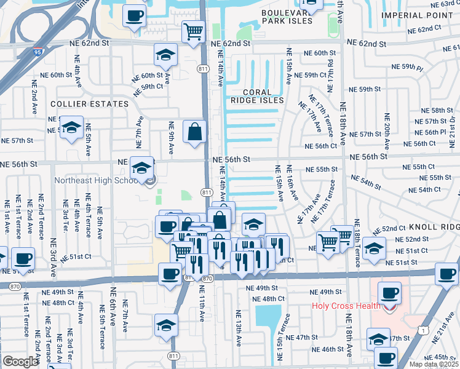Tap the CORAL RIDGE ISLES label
pyautogui.click(x=258, y=100)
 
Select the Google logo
pyautogui.click(x=20, y=361)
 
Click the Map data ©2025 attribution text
pyautogui.click(x=434, y=364)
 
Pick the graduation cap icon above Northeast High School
pyautogui.click(x=142, y=167)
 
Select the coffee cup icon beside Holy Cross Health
pyautogui.click(x=389, y=292)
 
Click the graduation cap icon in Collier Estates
pyautogui.click(x=71, y=127)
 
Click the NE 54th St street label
pyautogui.click(x=375, y=184)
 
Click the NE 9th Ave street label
pyautogui.click(x=171, y=134)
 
